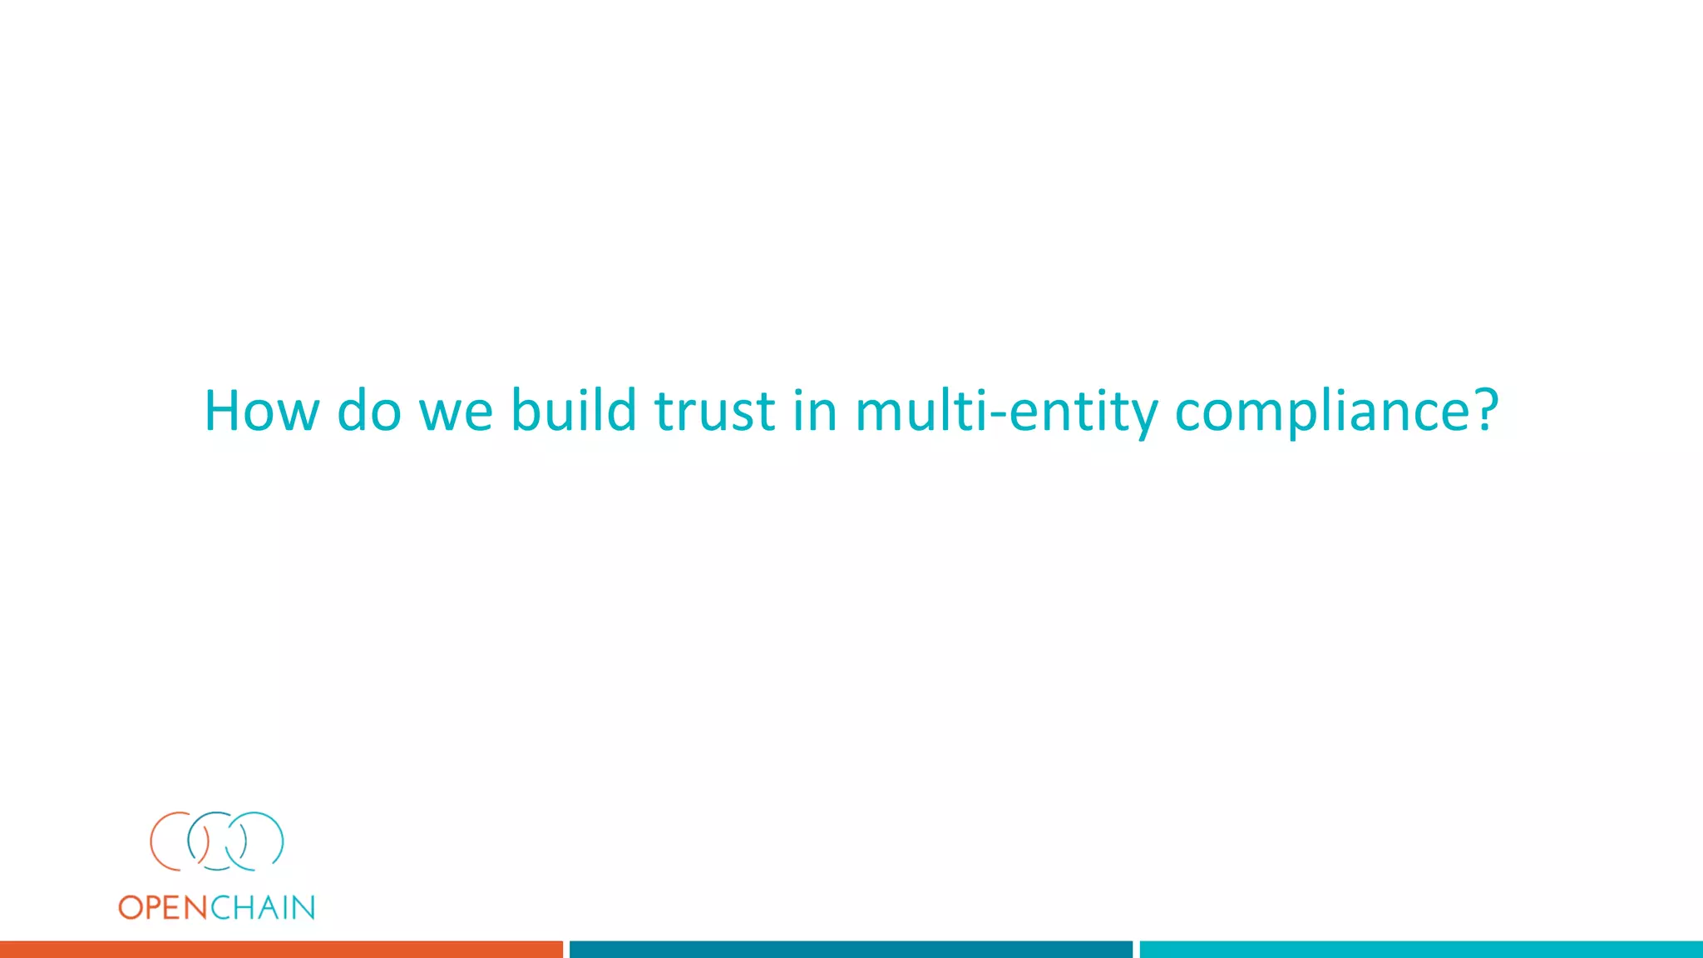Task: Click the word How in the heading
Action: [x=261, y=411]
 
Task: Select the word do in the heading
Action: [x=369, y=411]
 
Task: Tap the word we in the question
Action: [x=456, y=412]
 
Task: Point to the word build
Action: [x=573, y=411]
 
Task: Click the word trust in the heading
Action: [x=715, y=412]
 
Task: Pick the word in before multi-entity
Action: [x=814, y=411]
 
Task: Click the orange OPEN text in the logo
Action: [x=163, y=907]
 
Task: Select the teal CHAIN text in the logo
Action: [x=263, y=907]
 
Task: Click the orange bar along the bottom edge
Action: [x=281, y=950]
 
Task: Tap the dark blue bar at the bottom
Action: [x=851, y=950]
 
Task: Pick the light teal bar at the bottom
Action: [x=1421, y=950]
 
